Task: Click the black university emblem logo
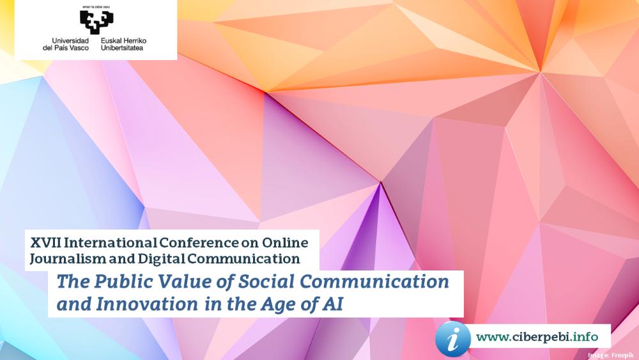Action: pyautogui.click(x=96, y=22)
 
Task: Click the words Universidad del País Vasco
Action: pyautogui.click(x=66, y=44)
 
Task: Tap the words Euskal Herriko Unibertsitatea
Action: pyautogui.click(x=123, y=44)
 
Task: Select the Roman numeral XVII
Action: pyautogui.click(x=45, y=242)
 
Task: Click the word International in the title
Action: pyautogui.click(x=110, y=242)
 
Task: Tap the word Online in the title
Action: pyautogui.click(x=285, y=242)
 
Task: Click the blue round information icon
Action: pyautogui.click(x=453, y=339)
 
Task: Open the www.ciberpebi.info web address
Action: pyautogui.click(x=537, y=337)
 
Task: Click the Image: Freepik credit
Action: pyautogui.click(x=610, y=356)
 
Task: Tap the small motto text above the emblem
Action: pyautogui.click(x=96, y=7)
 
